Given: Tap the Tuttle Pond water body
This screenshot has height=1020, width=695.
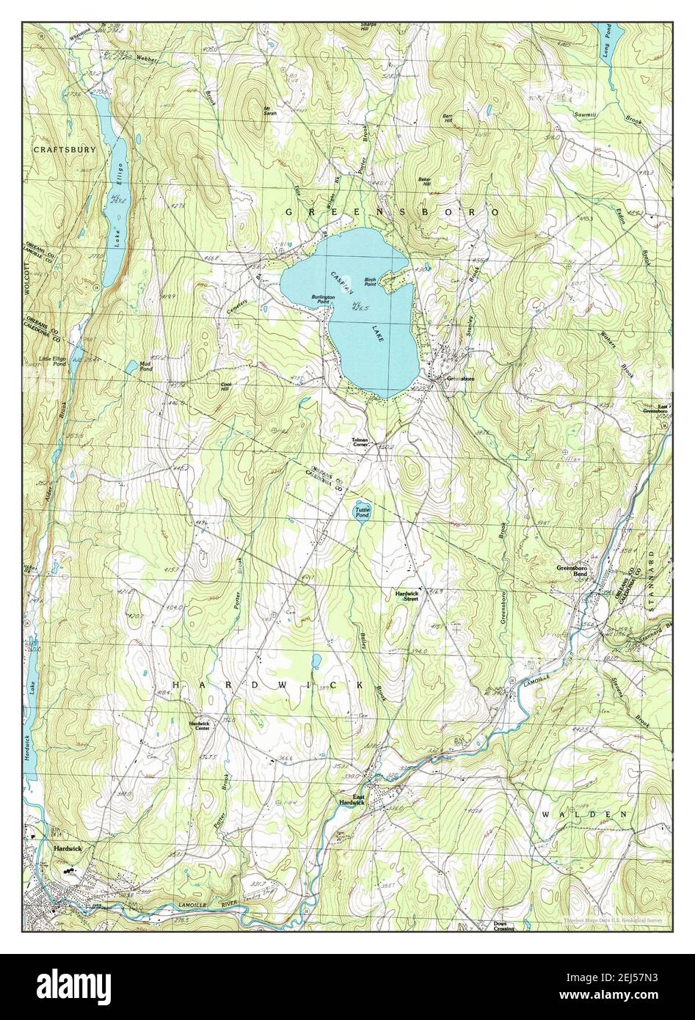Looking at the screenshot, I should point(363,511).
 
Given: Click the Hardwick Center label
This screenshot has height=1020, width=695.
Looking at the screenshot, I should point(200,725).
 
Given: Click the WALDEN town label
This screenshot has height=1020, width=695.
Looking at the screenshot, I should point(585,815).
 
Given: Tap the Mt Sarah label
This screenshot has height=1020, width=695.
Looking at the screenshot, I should point(270,112).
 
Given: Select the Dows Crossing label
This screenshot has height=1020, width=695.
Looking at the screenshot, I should point(503,926).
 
